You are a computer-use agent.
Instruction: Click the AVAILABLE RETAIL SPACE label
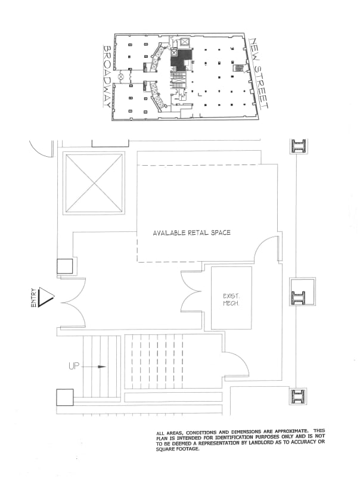(x=191, y=232)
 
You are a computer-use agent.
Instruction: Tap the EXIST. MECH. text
(x=231, y=299)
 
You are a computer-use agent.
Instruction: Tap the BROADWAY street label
(x=108, y=77)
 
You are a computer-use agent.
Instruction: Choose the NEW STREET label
(x=259, y=75)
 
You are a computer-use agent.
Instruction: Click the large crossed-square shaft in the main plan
(x=95, y=183)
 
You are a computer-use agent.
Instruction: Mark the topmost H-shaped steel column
(x=298, y=146)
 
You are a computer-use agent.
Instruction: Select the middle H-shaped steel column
(x=298, y=297)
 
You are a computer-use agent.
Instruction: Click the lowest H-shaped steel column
(x=298, y=396)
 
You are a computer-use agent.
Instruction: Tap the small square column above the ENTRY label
(x=65, y=266)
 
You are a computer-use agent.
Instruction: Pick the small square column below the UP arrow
(x=64, y=397)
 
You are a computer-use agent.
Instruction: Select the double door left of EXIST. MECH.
(x=192, y=292)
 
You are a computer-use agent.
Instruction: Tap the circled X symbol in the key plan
(x=121, y=76)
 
